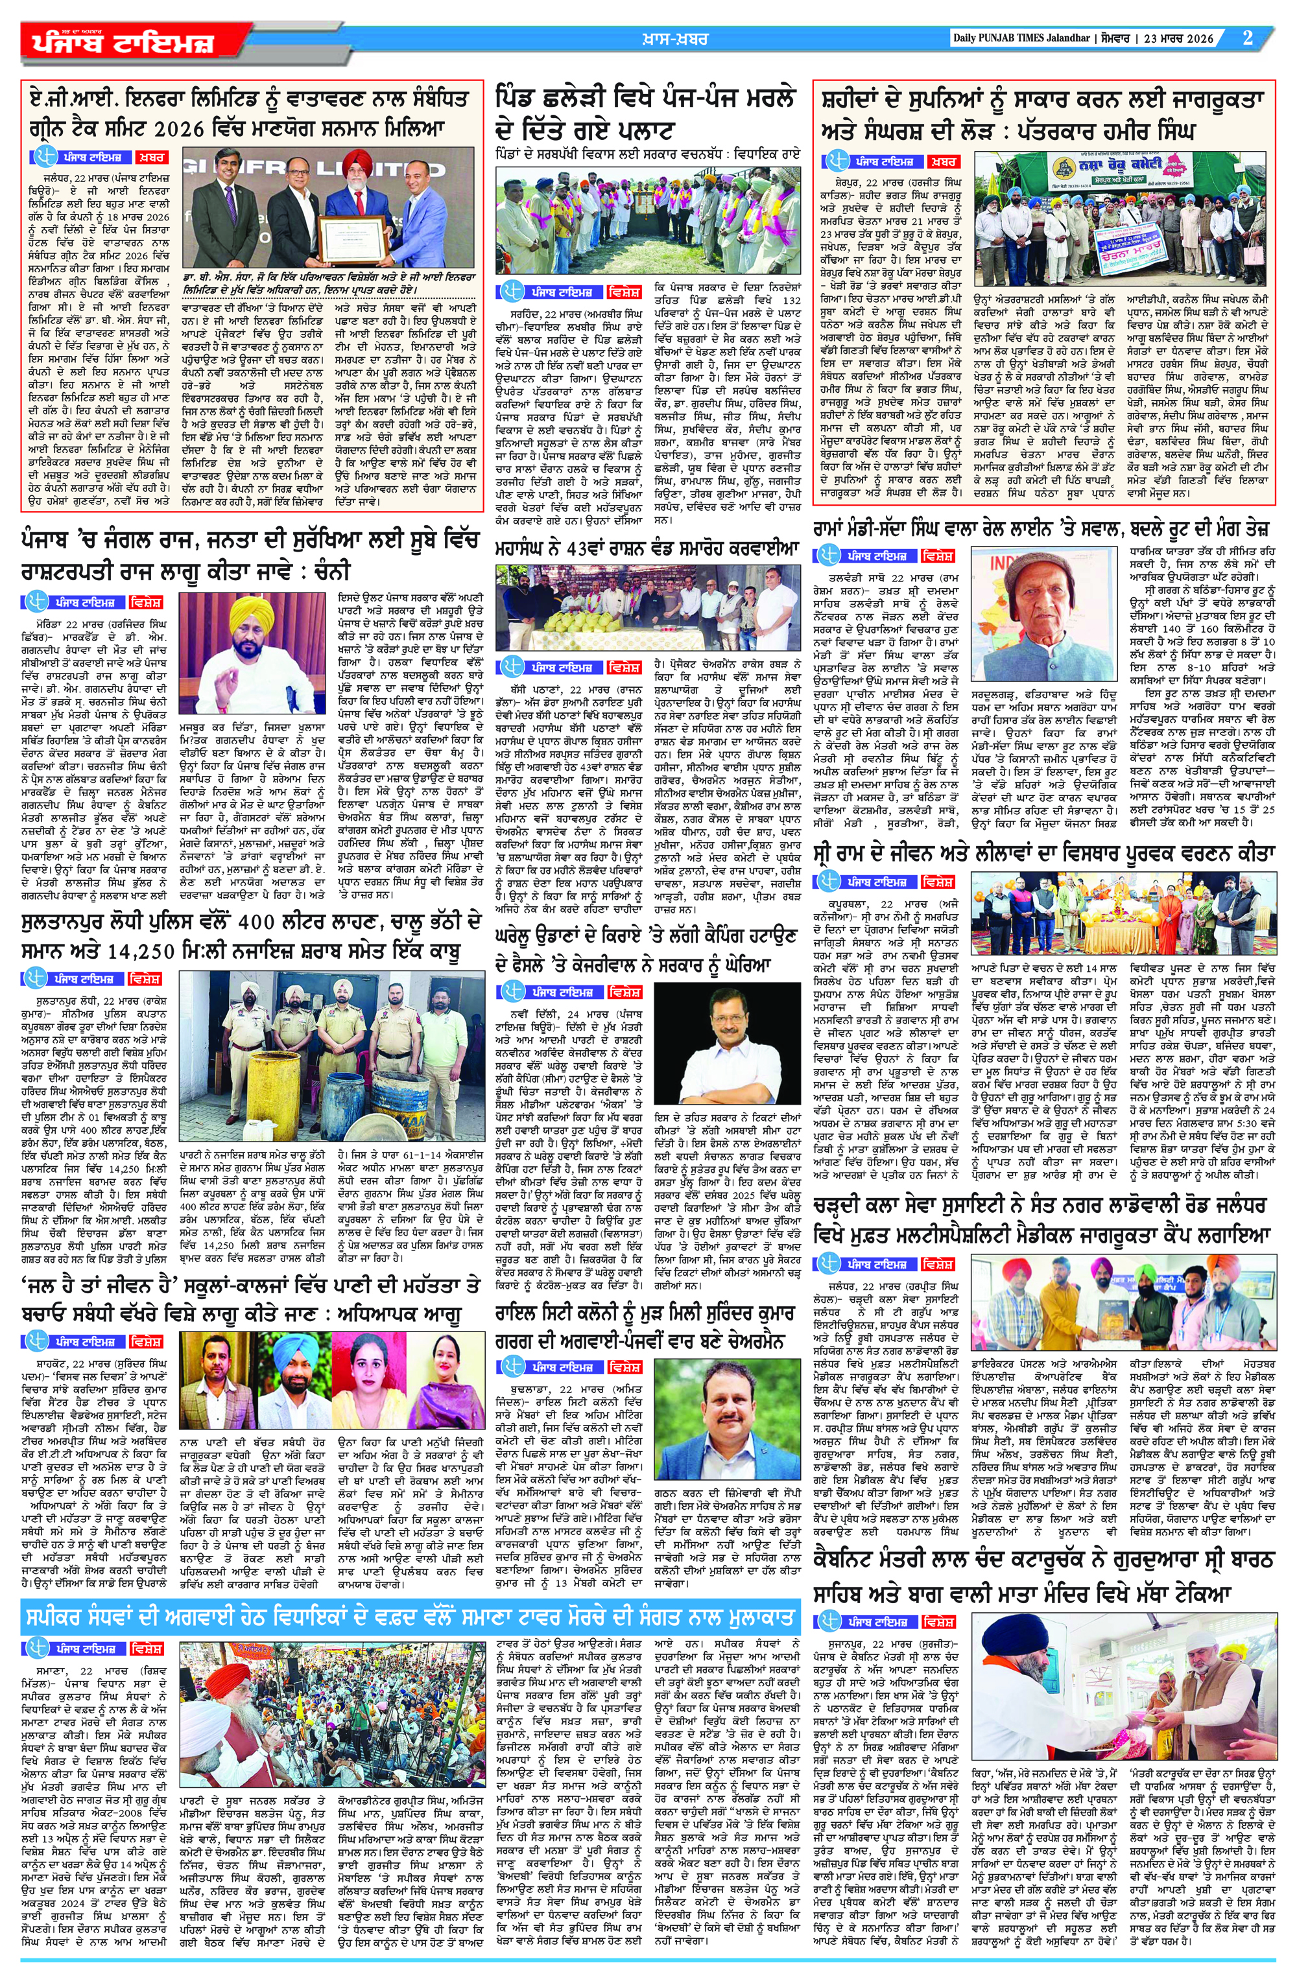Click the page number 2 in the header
click(x=1248, y=38)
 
